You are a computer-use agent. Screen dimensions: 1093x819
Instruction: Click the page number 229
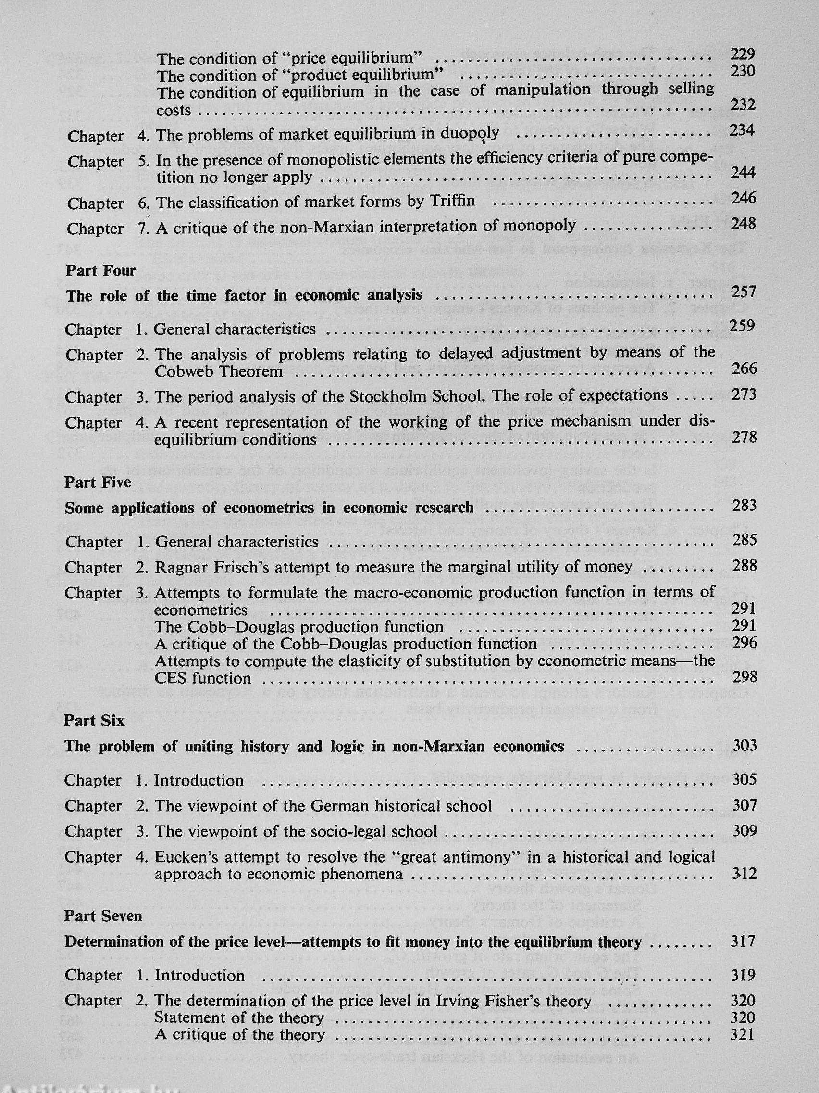point(743,54)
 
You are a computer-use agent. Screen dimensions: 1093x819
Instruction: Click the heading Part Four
point(101,270)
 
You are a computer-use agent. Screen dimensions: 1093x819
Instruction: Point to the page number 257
point(744,292)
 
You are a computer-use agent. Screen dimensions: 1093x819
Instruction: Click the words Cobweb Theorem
point(219,371)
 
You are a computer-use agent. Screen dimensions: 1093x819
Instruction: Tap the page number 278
point(744,437)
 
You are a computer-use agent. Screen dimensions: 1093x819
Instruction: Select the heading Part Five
point(98,482)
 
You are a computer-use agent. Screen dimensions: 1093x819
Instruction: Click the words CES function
point(202,678)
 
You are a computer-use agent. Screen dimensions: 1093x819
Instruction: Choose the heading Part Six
point(94,721)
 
